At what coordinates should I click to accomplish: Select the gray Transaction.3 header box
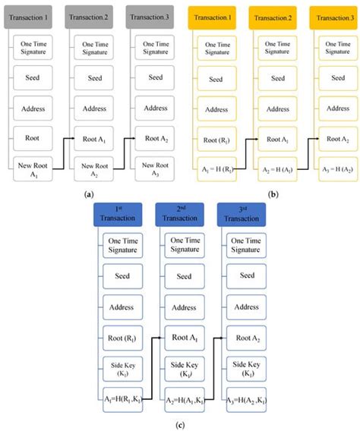point(149,14)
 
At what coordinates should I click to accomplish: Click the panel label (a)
point(90,194)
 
